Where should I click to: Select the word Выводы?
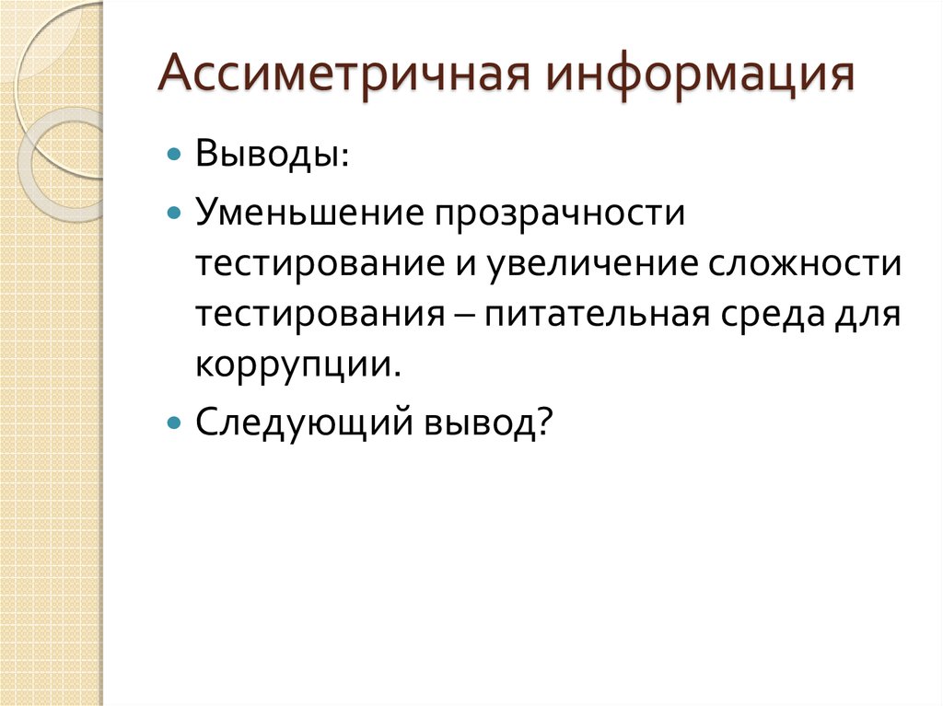(x=271, y=153)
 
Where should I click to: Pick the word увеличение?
(x=594, y=264)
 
